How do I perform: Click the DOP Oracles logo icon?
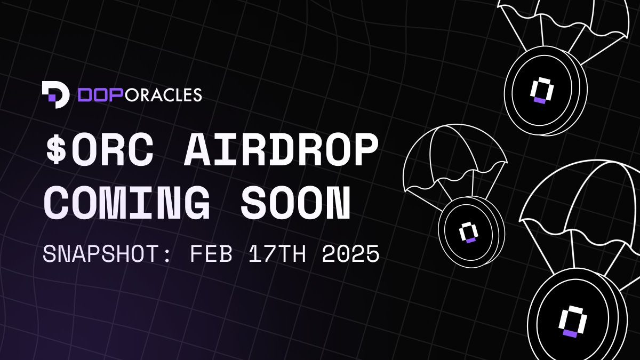(x=55, y=94)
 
